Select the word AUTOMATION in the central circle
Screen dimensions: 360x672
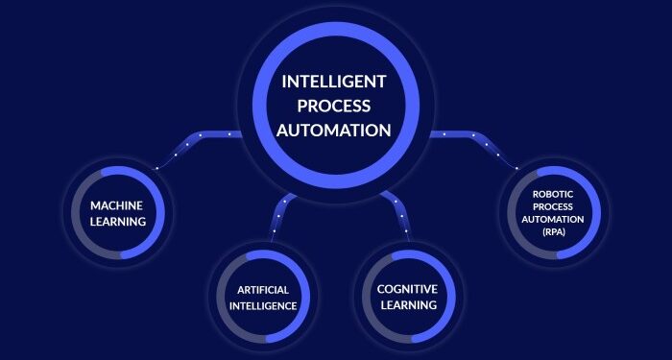tap(335, 129)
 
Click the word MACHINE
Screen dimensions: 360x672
tap(118, 205)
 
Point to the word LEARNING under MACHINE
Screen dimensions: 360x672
tap(118, 222)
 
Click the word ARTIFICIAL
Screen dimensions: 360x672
tap(263, 289)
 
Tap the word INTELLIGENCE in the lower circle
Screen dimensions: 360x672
tap(263, 306)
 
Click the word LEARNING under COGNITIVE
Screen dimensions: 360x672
tap(407, 305)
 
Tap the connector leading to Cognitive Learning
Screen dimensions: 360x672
tap(397, 211)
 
